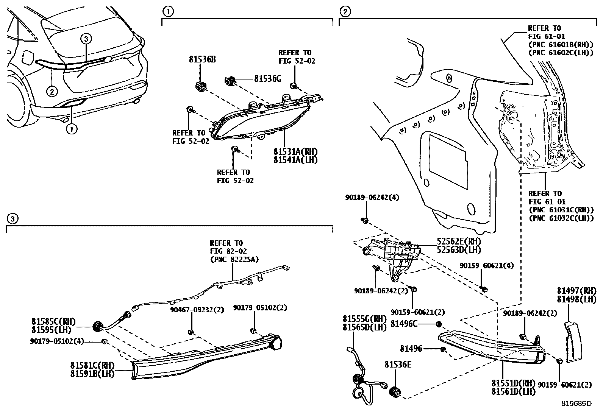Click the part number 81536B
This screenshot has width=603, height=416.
click(x=202, y=59)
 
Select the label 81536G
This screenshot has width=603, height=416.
click(x=267, y=79)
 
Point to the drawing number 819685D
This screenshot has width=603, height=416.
click(x=576, y=403)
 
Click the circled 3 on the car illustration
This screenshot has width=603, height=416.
click(x=86, y=39)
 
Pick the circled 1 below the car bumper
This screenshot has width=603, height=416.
click(x=71, y=129)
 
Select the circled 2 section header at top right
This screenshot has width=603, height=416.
click(x=345, y=12)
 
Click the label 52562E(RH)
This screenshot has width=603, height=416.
click(x=458, y=241)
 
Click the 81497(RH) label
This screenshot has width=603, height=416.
click(x=576, y=291)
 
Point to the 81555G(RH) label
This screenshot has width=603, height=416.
click(x=364, y=319)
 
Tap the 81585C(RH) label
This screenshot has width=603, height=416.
click(x=53, y=322)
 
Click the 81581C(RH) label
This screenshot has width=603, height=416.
click(x=92, y=366)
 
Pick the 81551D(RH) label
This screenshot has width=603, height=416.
click(x=513, y=383)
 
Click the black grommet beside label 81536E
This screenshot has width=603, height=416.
click(x=395, y=393)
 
